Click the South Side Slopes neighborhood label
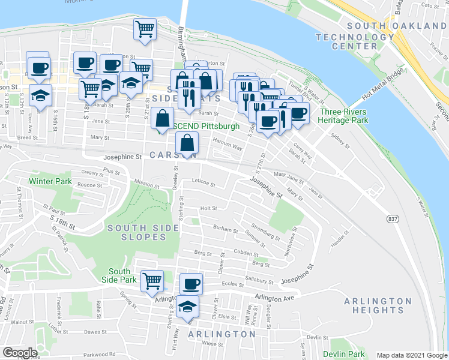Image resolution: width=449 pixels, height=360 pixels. click(144, 232)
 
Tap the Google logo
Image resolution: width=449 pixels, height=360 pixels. click(20, 353)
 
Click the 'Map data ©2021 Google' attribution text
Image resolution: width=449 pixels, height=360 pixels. click(412, 355)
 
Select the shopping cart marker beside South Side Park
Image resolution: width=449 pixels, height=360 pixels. click(152, 280)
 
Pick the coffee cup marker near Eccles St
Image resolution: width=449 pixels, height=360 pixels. click(191, 283)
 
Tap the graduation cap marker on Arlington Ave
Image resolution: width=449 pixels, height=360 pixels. click(188, 305)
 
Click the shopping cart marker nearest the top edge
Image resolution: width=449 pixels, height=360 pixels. click(145, 28)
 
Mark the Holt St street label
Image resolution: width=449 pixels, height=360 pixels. click(208, 209)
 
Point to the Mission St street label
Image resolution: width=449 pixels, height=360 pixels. click(147, 185)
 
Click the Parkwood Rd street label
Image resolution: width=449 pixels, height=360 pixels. click(99, 354)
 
